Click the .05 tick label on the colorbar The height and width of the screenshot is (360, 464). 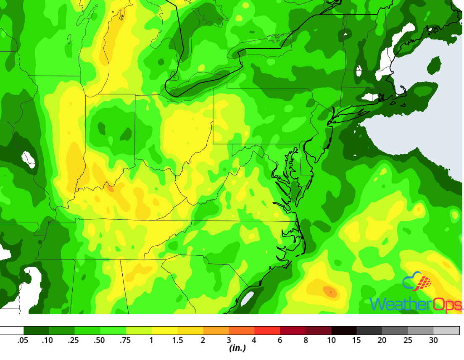click(23, 340)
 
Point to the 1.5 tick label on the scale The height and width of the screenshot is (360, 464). click(177, 340)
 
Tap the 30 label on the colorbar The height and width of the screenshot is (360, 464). click(433, 340)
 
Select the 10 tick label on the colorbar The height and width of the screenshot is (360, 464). click(331, 340)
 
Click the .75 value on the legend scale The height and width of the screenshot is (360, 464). click(126, 340)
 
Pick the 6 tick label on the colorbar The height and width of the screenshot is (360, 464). click(280, 340)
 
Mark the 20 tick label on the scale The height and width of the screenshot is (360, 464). click(382, 340)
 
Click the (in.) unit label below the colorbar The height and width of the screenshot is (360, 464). click(237, 349)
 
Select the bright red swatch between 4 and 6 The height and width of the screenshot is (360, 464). click(267, 331)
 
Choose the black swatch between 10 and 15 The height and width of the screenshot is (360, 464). click(344, 331)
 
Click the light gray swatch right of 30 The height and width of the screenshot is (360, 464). click(447, 331)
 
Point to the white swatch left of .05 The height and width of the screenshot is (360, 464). click(12, 331)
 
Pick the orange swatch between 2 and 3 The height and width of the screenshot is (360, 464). click(216, 331)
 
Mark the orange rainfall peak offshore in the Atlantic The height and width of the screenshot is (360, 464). click(330, 291)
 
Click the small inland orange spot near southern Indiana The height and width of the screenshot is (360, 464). click(110, 189)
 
